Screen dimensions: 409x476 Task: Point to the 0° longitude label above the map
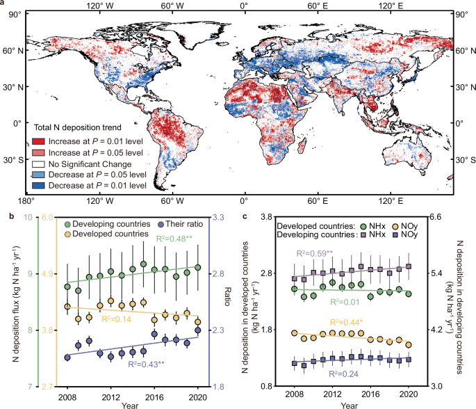tap(243, 6)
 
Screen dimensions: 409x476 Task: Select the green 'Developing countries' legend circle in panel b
tap(66, 224)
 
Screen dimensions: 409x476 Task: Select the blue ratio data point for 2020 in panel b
tap(198, 330)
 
